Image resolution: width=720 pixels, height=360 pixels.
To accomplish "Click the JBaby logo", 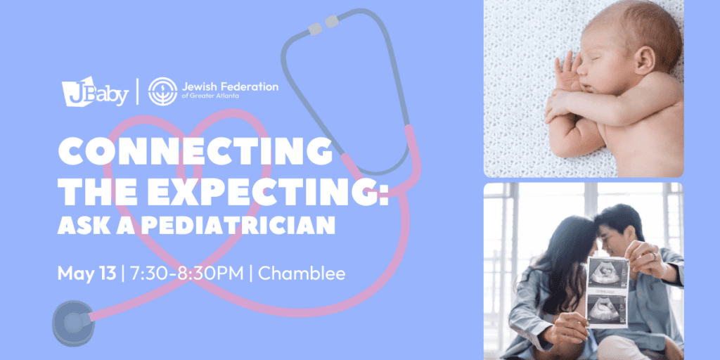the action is [x=95, y=91].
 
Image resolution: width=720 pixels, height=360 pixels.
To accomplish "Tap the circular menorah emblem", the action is [x=162, y=91].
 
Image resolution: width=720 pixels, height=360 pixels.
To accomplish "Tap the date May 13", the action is [x=86, y=274].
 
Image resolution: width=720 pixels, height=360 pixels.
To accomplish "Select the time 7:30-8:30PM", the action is [x=187, y=274].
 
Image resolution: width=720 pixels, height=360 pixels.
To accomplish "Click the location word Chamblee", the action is [x=302, y=274].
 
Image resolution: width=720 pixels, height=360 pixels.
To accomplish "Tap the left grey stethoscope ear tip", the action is [x=314, y=28].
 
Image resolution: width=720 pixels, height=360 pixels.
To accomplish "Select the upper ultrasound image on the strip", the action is [x=607, y=274].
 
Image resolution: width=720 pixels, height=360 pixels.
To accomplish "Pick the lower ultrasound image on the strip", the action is [x=607, y=310].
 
